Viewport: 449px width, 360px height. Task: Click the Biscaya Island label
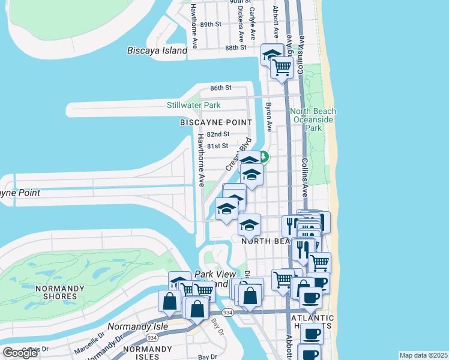click(x=157, y=51)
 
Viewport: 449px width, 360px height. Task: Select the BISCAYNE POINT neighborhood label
click(x=216, y=122)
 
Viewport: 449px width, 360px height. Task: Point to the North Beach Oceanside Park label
click(x=313, y=119)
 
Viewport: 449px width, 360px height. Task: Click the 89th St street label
click(x=211, y=24)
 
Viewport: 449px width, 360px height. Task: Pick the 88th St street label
click(x=236, y=47)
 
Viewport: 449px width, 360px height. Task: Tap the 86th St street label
click(x=221, y=88)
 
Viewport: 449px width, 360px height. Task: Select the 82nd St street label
click(x=218, y=134)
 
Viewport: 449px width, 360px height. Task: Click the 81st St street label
click(x=217, y=146)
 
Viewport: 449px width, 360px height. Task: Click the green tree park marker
click(x=263, y=158)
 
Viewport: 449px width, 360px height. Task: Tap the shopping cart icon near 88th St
click(x=282, y=67)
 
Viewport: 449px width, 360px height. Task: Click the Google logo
click(x=20, y=353)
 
